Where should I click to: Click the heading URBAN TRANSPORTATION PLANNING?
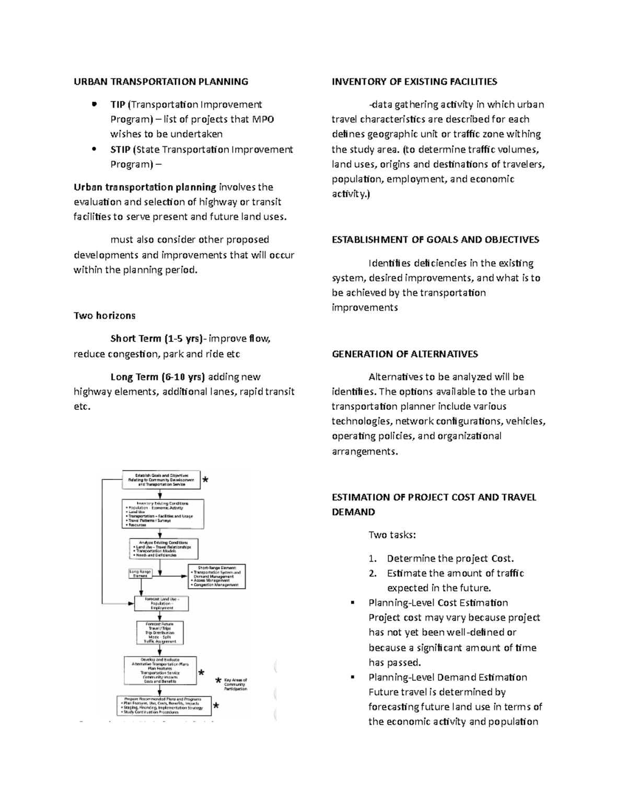[x=160, y=82]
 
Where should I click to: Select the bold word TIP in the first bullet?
[x=118, y=105]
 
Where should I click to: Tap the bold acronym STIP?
[x=120, y=150]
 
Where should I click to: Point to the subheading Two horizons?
[x=104, y=315]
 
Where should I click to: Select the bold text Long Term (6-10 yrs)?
[x=157, y=377]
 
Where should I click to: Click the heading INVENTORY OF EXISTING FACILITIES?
[x=414, y=82]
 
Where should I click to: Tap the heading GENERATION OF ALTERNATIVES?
[x=405, y=354]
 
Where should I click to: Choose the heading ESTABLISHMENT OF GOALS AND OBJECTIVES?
[x=435, y=240]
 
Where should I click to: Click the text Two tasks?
[x=392, y=535]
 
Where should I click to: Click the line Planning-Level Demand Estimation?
[x=448, y=677]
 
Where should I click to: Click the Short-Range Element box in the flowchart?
[x=217, y=576]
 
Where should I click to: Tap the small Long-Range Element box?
[x=140, y=574]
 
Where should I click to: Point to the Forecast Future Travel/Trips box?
[x=160, y=633]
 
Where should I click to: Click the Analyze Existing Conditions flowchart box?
[x=164, y=548]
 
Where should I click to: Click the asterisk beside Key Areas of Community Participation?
[x=218, y=681]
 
